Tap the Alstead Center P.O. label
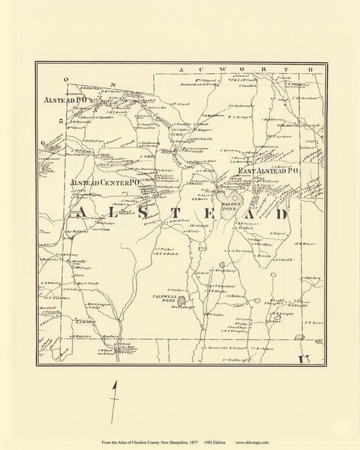102,182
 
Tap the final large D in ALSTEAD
280,215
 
